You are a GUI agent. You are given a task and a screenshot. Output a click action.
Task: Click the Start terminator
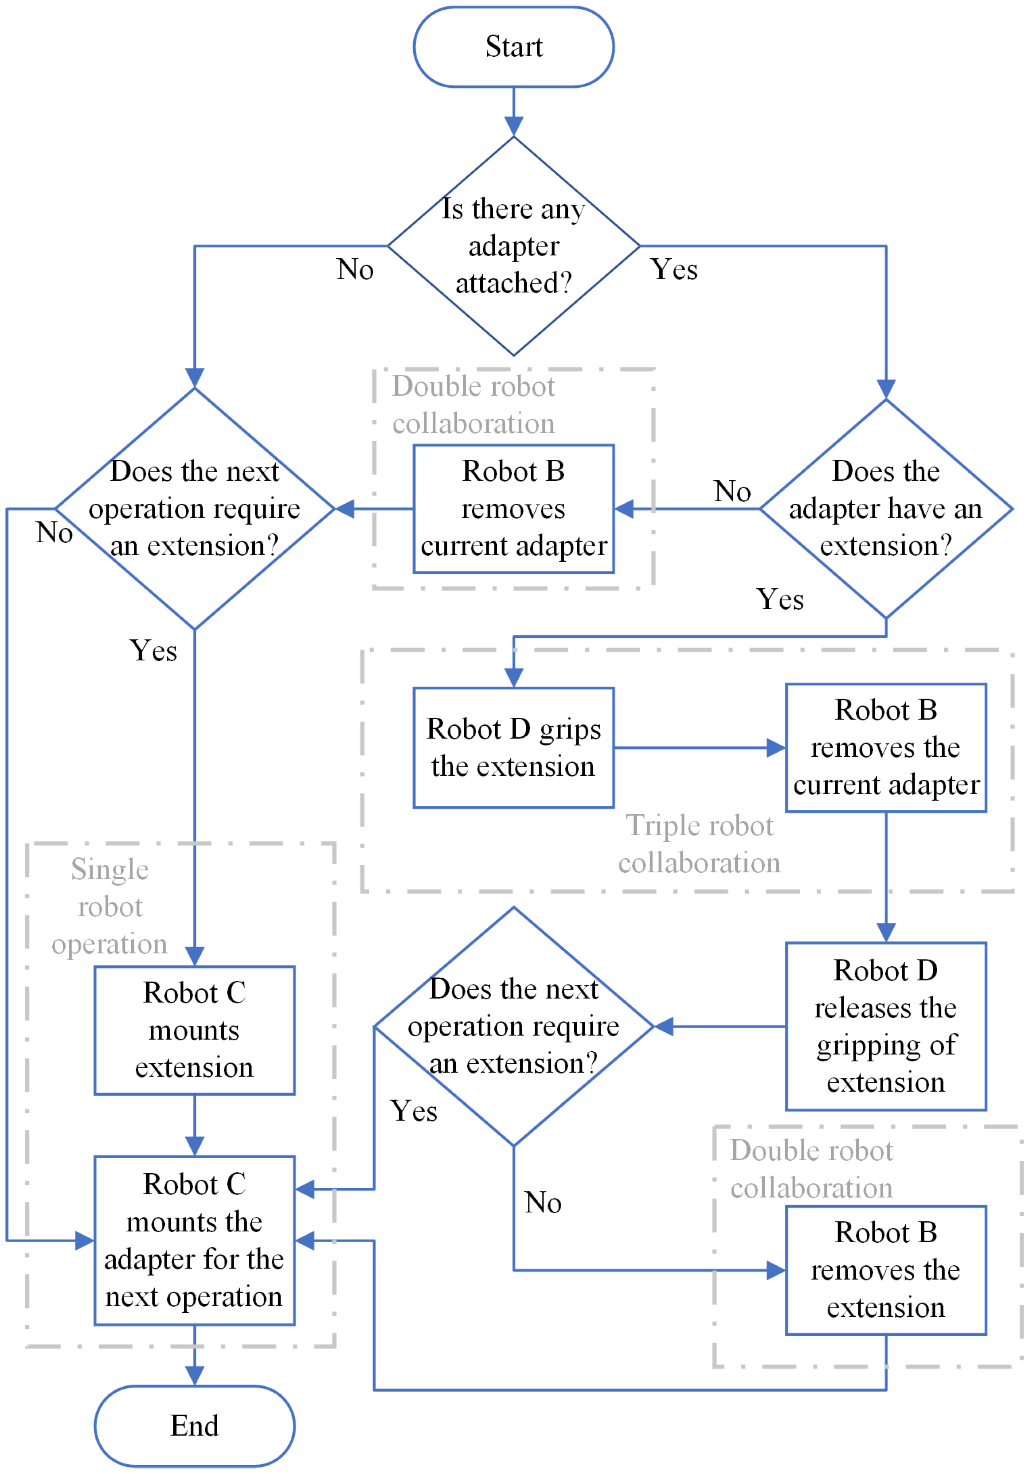513,47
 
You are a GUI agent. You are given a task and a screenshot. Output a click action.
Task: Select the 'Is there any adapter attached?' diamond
513,246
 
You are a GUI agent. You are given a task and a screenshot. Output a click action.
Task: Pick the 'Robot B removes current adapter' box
513,509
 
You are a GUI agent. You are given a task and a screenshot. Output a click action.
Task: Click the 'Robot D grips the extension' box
513,747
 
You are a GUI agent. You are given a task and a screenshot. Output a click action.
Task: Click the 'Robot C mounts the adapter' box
195,1241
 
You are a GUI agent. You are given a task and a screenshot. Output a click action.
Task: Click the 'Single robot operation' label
110,906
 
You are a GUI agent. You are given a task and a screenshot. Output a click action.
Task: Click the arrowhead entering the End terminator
195,1375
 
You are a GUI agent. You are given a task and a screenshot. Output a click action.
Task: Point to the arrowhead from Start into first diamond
513,126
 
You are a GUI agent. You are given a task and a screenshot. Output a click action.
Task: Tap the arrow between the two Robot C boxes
195,1125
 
